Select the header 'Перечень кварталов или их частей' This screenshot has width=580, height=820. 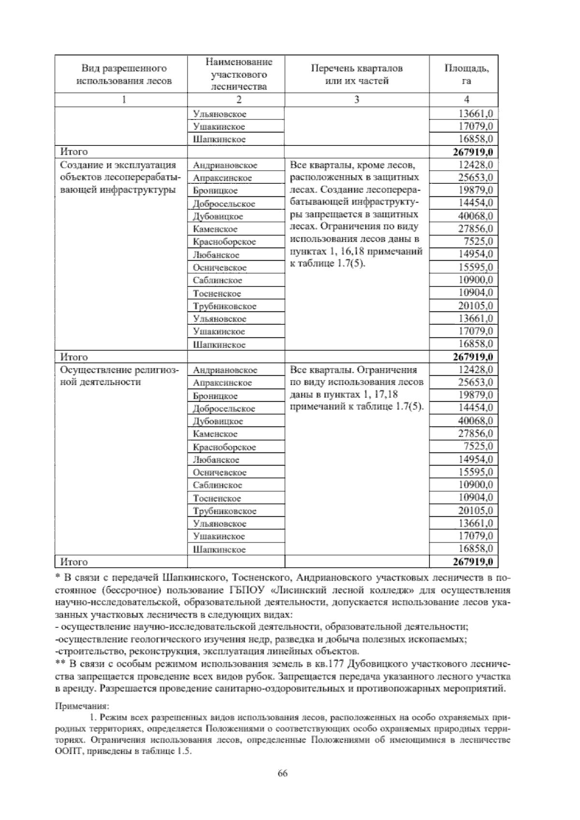pos(357,74)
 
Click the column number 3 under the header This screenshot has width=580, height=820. pos(357,100)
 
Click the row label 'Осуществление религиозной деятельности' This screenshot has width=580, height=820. pos(119,376)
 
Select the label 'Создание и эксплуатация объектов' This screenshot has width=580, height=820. pos(119,165)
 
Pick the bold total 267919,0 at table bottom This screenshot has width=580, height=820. pos(473,562)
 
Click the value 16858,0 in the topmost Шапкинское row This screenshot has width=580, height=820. pos(476,139)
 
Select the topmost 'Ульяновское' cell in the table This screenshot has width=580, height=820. pos(219,114)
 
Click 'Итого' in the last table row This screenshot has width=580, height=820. pos(74,562)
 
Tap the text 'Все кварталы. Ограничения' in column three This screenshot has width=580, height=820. pos(353,370)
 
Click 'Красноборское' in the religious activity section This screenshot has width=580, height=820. pos(224,447)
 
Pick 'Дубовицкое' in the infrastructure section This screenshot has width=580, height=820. pos(218,217)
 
